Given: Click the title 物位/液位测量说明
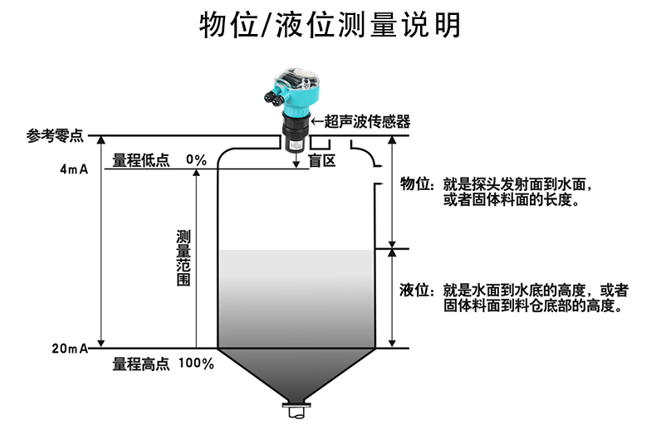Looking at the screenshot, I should click(x=328, y=26).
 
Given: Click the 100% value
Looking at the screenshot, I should click(x=196, y=364).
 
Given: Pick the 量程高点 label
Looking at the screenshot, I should click(x=141, y=364).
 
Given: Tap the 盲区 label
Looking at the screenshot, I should click(x=322, y=160).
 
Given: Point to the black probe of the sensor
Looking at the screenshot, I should click(x=294, y=135).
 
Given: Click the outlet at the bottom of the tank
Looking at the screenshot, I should click(x=295, y=409).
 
